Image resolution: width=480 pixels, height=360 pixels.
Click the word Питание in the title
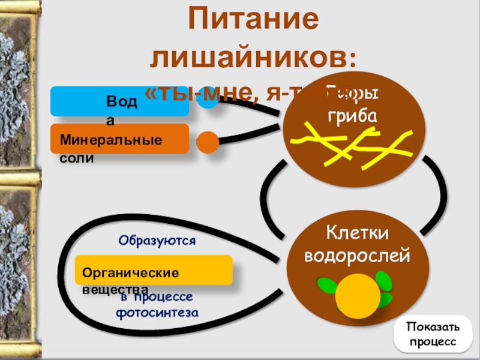tap(251, 21)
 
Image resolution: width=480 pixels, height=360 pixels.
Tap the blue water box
tap(119, 101)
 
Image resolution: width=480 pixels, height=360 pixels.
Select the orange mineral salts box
tap(119, 139)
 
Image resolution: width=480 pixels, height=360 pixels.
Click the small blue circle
tap(208, 98)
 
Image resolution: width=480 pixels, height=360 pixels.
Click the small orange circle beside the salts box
tap(208, 142)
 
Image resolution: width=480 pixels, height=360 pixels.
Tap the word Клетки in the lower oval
tap(358, 232)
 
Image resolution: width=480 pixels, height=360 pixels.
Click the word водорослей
tap(358, 256)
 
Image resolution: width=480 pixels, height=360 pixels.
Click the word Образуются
tap(157, 241)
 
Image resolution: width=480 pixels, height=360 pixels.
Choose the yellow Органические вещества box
tap(154, 270)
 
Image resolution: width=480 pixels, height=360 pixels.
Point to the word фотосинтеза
tap(157, 313)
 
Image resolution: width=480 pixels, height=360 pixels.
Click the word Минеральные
tap(110, 140)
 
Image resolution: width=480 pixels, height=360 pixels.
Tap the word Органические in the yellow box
tap(130, 272)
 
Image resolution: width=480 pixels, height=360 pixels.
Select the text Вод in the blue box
tap(122, 101)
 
